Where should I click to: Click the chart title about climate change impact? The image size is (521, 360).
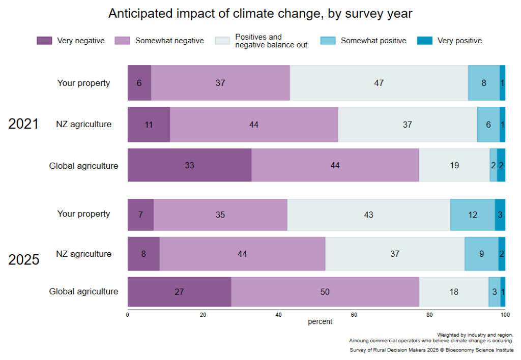pos(260,14)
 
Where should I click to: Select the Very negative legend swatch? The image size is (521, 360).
pos(44,41)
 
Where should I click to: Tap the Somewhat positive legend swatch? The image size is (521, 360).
pos(328,41)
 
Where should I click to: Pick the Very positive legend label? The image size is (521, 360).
pos(459,41)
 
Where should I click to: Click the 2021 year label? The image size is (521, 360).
pos(23,124)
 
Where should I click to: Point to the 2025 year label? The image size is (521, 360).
pos(23,259)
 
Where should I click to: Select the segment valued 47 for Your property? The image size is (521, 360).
pos(379,83)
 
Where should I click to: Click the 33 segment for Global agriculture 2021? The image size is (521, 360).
pos(189,165)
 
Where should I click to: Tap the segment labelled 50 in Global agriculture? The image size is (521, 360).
pos(325,292)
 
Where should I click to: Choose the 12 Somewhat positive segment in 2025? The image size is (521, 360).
pos(473,215)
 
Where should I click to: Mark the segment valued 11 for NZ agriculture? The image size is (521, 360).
pos(149,124)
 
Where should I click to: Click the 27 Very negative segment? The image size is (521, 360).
pos(179,292)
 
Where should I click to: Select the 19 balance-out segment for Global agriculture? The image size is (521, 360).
pos(454,165)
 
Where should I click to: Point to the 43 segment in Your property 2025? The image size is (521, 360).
pos(368,215)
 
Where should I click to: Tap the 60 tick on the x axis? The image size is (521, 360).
pos(354,315)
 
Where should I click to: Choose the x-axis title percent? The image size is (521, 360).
pos(320,322)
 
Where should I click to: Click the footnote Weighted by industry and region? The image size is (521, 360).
pos(475,335)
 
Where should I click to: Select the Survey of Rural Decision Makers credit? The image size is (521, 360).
pos(432,350)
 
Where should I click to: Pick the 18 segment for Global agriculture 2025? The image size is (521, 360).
pos(453,292)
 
